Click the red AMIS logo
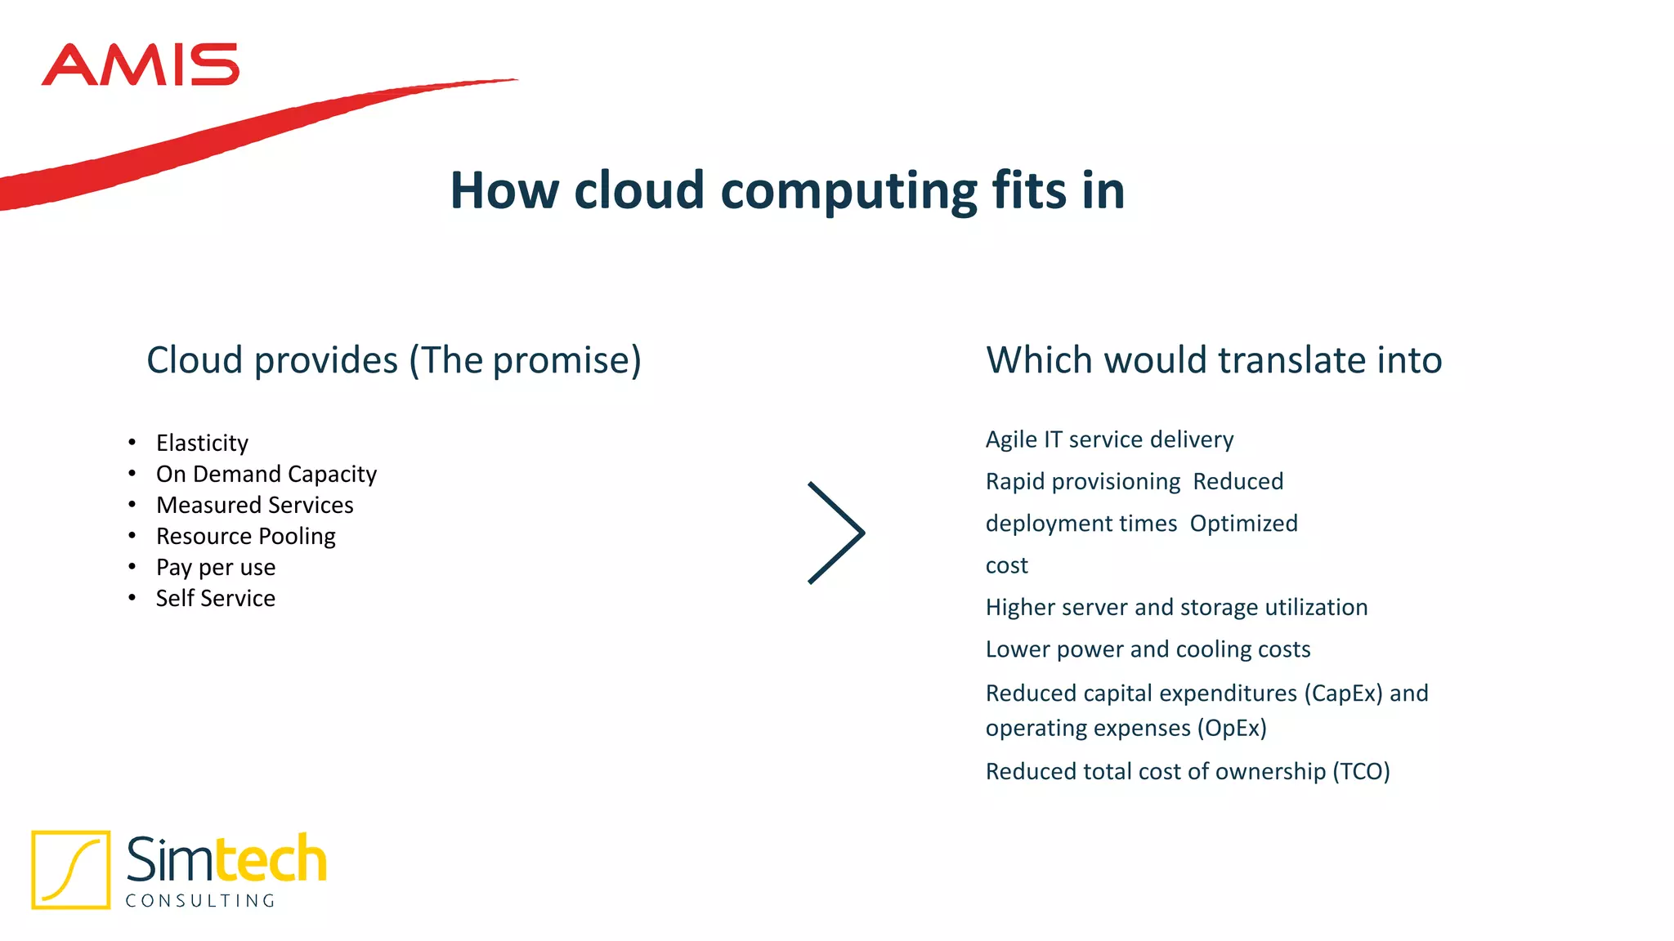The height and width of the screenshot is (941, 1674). (x=140, y=65)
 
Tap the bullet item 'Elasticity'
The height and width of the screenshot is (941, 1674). (x=202, y=443)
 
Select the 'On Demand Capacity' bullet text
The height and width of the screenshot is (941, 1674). (x=266, y=474)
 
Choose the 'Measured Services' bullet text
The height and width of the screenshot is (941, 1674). (x=254, y=505)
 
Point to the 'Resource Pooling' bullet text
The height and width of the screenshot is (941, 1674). (x=245, y=536)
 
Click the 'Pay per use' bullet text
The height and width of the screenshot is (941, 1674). (x=216, y=567)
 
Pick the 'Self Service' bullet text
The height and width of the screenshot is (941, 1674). (x=216, y=598)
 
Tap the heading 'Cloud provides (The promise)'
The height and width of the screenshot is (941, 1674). (x=393, y=360)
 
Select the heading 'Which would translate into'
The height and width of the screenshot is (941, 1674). (x=1214, y=360)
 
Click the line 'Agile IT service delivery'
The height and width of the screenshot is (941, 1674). (x=1109, y=439)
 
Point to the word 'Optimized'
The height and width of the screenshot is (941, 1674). (x=1243, y=524)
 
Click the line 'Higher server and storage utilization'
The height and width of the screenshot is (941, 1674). (x=1176, y=607)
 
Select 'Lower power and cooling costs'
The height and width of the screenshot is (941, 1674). (x=1148, y=649)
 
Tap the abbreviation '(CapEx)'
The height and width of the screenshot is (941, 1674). (x=1343, y=693)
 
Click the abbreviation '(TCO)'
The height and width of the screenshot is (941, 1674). (x=1361, y=772)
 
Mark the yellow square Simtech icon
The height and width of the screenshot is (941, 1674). (x=71, y=869)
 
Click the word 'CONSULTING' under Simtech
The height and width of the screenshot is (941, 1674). (x=201, y=900)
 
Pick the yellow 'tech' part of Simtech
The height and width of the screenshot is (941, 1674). (x=271, y=859)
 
